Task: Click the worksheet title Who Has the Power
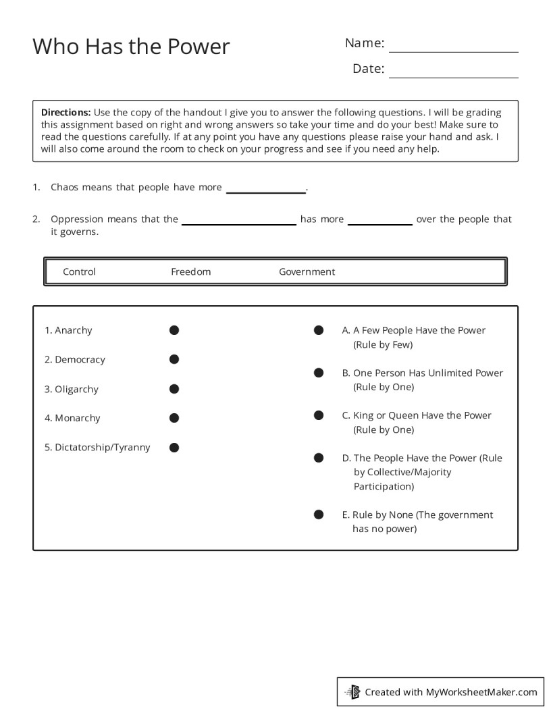[131, 47]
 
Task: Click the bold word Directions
[65, 112]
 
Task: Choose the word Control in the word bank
[79, 271]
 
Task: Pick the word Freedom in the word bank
[190, 271]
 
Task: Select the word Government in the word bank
[307, 271]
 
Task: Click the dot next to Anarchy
[174, 330]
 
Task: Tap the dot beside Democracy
[174, 359]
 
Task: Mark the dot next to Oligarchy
[174, 389]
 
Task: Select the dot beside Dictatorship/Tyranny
[174, 447]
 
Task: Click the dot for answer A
[319, 330]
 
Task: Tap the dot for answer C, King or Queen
[319, 415]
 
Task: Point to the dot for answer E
[319, 514]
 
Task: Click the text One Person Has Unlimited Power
[427, 373]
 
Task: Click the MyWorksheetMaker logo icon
[352, 691]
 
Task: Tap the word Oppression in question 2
[77, 219]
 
